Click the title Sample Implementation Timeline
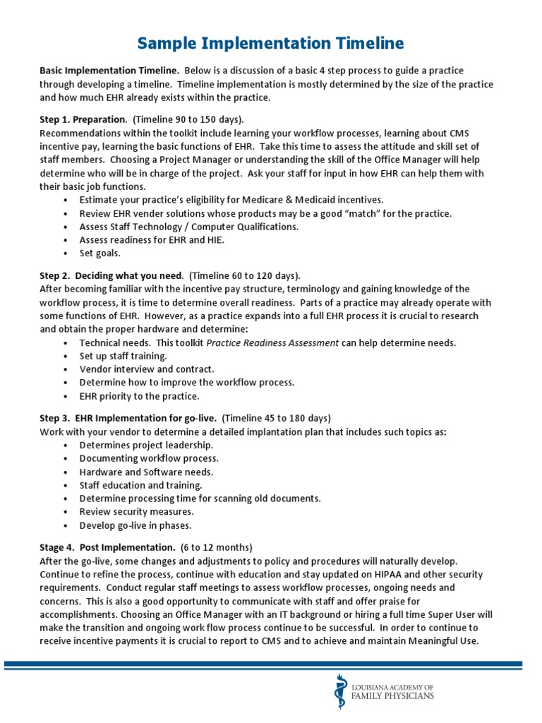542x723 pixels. tap(270, 44)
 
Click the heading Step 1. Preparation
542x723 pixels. tap(83, 119)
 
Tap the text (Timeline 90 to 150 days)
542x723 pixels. tap(188, 119)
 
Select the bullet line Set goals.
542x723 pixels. tap(100, 253)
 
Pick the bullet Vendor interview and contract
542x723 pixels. tap(147, 369)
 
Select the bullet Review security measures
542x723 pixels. tap(136, 512)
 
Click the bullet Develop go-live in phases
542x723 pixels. tap(135, 525)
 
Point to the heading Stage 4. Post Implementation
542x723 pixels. tap(107, 547)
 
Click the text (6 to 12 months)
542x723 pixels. tap(216, 547)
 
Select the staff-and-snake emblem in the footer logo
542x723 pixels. tap(341, 691)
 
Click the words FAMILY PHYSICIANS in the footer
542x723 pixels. tap(393, 696)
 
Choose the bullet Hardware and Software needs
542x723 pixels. tap(146, 472)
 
